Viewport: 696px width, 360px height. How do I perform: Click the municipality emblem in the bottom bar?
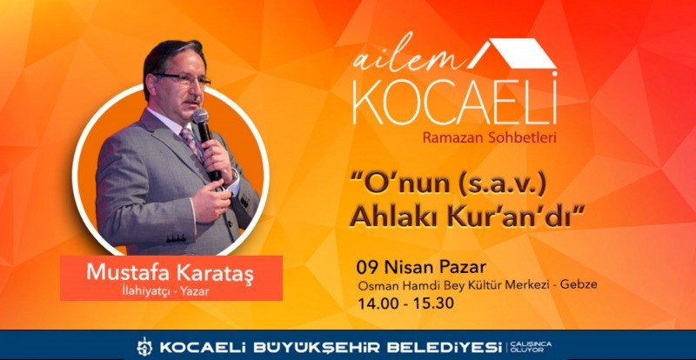tap(144, 346)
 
